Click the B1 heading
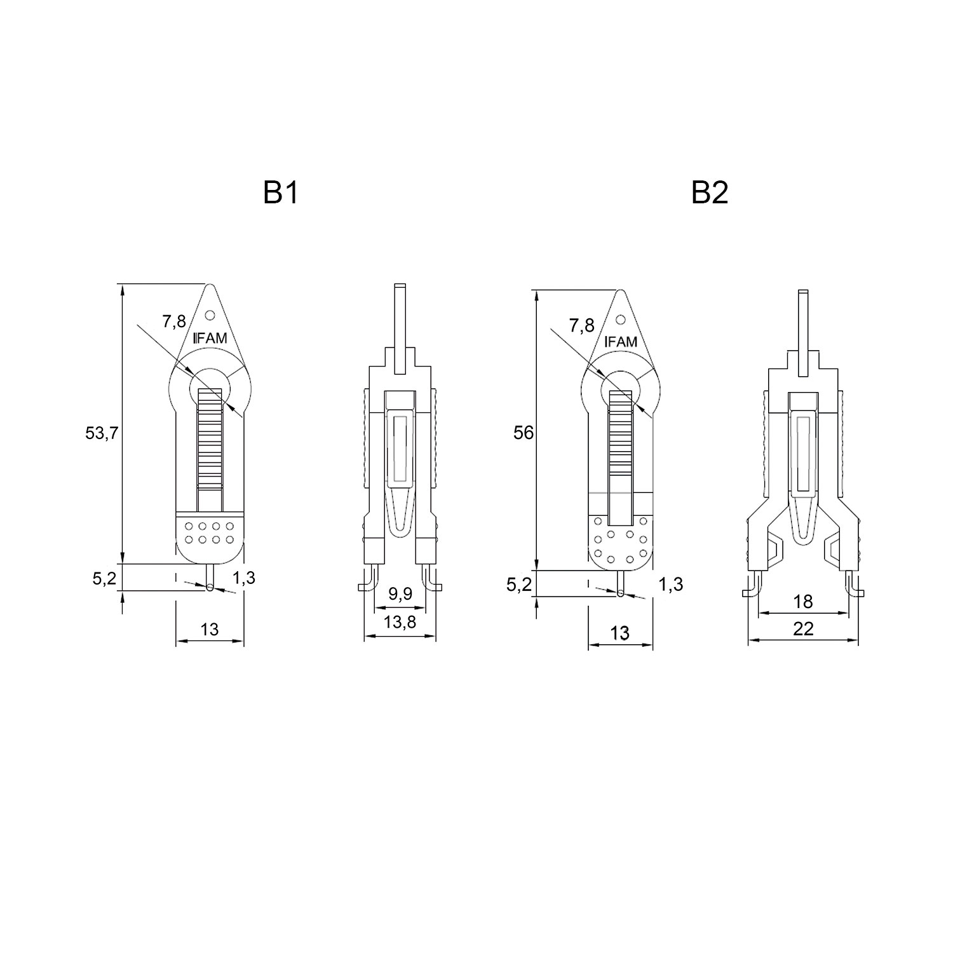(280, 193)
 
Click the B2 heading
(710, 193)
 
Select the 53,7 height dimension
(102, 434)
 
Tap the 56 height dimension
(524, 433)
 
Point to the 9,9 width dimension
(400, 594)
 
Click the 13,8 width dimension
(400, 622)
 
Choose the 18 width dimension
(804, 602)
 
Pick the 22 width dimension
(804, 629)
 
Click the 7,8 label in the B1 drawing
(173, 321)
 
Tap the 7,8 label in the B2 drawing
(582, 326)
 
